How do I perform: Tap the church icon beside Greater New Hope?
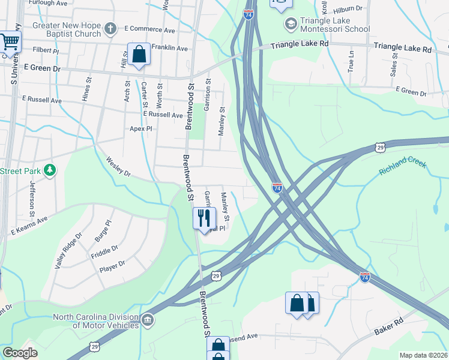(110, 28)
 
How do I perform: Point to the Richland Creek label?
(402, 167)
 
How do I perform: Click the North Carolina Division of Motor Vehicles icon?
(147, 321)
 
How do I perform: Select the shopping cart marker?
(9, 43)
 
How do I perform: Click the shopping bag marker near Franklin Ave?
(139, 55)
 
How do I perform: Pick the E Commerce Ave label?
(149, 30)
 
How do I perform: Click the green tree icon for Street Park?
(50, 171)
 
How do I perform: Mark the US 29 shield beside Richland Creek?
(379, 146)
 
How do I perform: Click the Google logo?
(20, 352)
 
